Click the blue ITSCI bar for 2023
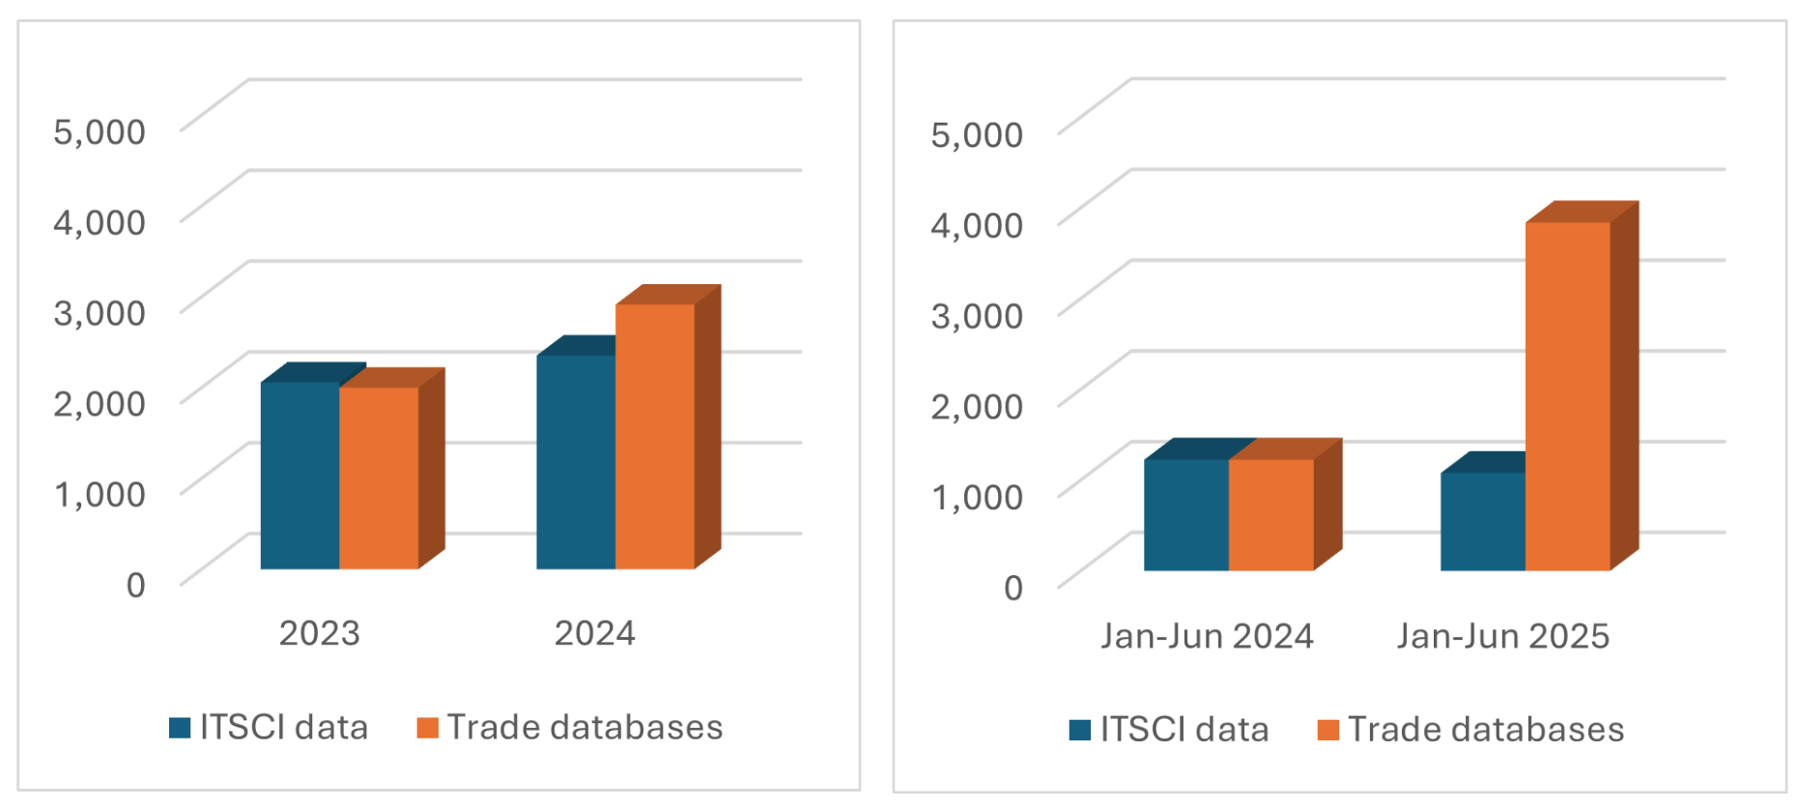coord(300,476)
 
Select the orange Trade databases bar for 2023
coord(379,477)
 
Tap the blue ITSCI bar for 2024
coord(576,462)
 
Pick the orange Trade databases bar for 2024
coord(655,437)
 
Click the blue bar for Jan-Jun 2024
coord(1185,515)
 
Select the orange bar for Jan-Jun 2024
coord(1270,515)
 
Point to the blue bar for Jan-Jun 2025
coord(1482,522)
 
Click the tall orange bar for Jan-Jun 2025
coord(1567,396)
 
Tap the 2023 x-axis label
coord(319,633)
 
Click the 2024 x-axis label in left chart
coord(594,633)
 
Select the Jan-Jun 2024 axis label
coord(1207,636)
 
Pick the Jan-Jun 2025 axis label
coord(1502,636)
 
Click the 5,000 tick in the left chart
coord(100,131)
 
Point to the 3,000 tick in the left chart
coord(100,312)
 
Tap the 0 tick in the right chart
coord(1013,588)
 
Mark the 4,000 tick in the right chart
coord(976,225)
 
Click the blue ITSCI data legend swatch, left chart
coord(180,728)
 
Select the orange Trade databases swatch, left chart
coord(427,728)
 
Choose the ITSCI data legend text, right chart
coord(1184,730)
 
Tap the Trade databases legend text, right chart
coord(1486,730)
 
